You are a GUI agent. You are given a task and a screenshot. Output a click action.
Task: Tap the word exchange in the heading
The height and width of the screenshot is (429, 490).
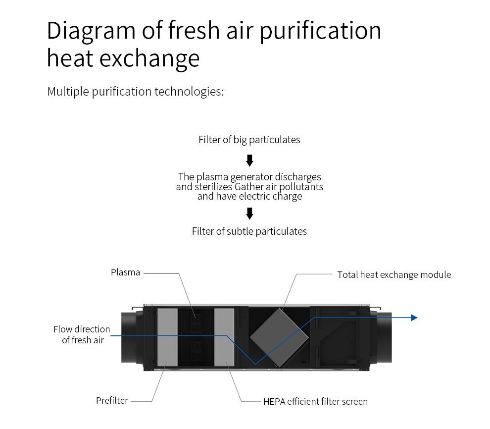[x=150, y=58]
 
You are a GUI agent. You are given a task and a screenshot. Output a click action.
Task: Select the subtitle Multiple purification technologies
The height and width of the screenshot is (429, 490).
[x=135, y=92]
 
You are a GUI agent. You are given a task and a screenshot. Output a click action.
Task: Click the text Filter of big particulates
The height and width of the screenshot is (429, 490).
[x=249, y=140]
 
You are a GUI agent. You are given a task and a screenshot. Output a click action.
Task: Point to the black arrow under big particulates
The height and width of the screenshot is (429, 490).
[x=250, y=161]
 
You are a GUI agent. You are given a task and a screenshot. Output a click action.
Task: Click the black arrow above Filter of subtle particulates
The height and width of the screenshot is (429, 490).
[x=250, y=214]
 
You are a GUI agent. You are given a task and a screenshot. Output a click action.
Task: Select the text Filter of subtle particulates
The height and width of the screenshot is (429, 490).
[x=249, y=231]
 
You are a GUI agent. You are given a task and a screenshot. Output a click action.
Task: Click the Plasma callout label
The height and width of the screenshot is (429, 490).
[x=125, y=272]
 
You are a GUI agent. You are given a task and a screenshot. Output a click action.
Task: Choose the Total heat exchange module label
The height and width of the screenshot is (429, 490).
[x=394, y=274]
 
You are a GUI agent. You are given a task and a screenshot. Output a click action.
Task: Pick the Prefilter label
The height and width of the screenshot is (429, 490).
[x=112, y=400]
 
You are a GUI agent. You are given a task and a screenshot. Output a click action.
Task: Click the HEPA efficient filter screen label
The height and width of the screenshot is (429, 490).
[x=315, y=401]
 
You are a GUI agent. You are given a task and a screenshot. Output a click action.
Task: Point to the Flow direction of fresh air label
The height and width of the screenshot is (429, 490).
[x=82, y=334]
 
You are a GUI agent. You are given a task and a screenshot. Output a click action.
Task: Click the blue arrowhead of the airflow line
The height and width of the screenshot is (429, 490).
[x=414, y=318]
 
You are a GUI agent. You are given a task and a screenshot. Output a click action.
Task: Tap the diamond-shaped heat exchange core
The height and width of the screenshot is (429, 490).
[x=280, y=336]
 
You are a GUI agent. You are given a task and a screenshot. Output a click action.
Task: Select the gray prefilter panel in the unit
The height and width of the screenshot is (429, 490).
[x=167, y=336]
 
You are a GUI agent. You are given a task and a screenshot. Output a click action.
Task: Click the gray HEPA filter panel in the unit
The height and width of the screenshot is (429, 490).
[x=224, y=336]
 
